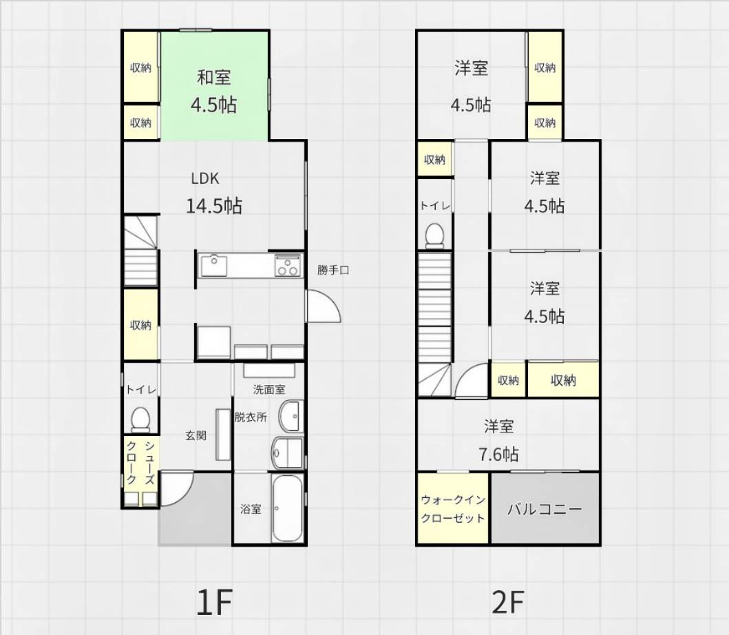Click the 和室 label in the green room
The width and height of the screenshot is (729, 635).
[x=214, y=77]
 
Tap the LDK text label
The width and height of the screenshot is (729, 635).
[x=205, y=178]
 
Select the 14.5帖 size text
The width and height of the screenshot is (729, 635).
[x=214, y=205]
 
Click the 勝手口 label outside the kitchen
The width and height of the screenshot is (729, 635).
[x=333, y=270]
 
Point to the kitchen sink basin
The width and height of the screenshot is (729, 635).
[x=214, y=266]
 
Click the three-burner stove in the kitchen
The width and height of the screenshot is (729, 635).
[x=288, y=266]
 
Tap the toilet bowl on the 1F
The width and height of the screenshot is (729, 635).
[x=140, y=418]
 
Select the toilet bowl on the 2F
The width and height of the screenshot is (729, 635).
[x=434, y=234]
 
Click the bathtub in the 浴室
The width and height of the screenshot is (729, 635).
[x=287, y=508]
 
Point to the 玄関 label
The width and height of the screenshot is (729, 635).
[x=196, y=435]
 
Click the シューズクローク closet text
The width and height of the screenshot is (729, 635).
[x=140, y=463]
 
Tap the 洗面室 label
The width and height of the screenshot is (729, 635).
[x=269, y=389]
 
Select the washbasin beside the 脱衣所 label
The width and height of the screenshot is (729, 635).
[x=290, y=415]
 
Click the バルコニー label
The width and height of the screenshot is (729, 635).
[x=545, y=508]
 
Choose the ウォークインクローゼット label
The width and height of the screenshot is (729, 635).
[x=453, y=509]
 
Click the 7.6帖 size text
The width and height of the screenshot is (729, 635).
[x=498, y=454]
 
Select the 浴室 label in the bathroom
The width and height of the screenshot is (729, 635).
[x=251, y=509]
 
